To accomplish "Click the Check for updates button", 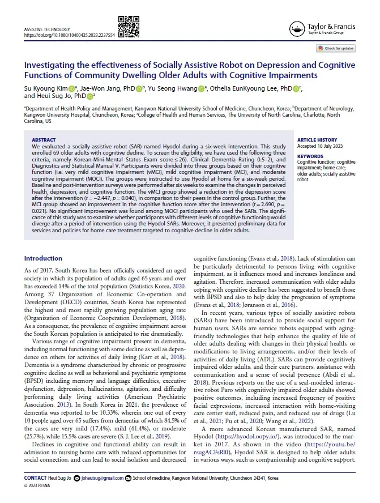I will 339,49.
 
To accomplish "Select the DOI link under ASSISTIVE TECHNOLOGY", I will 69,35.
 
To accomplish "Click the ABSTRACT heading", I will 43,139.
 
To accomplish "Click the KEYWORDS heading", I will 310,156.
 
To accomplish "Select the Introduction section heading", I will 43,258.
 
